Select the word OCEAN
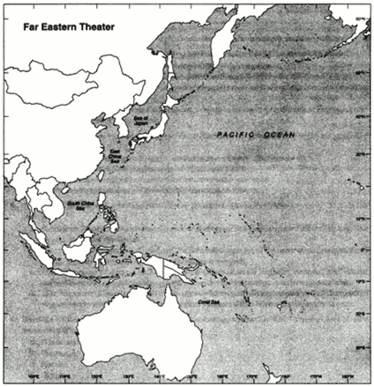275,133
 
